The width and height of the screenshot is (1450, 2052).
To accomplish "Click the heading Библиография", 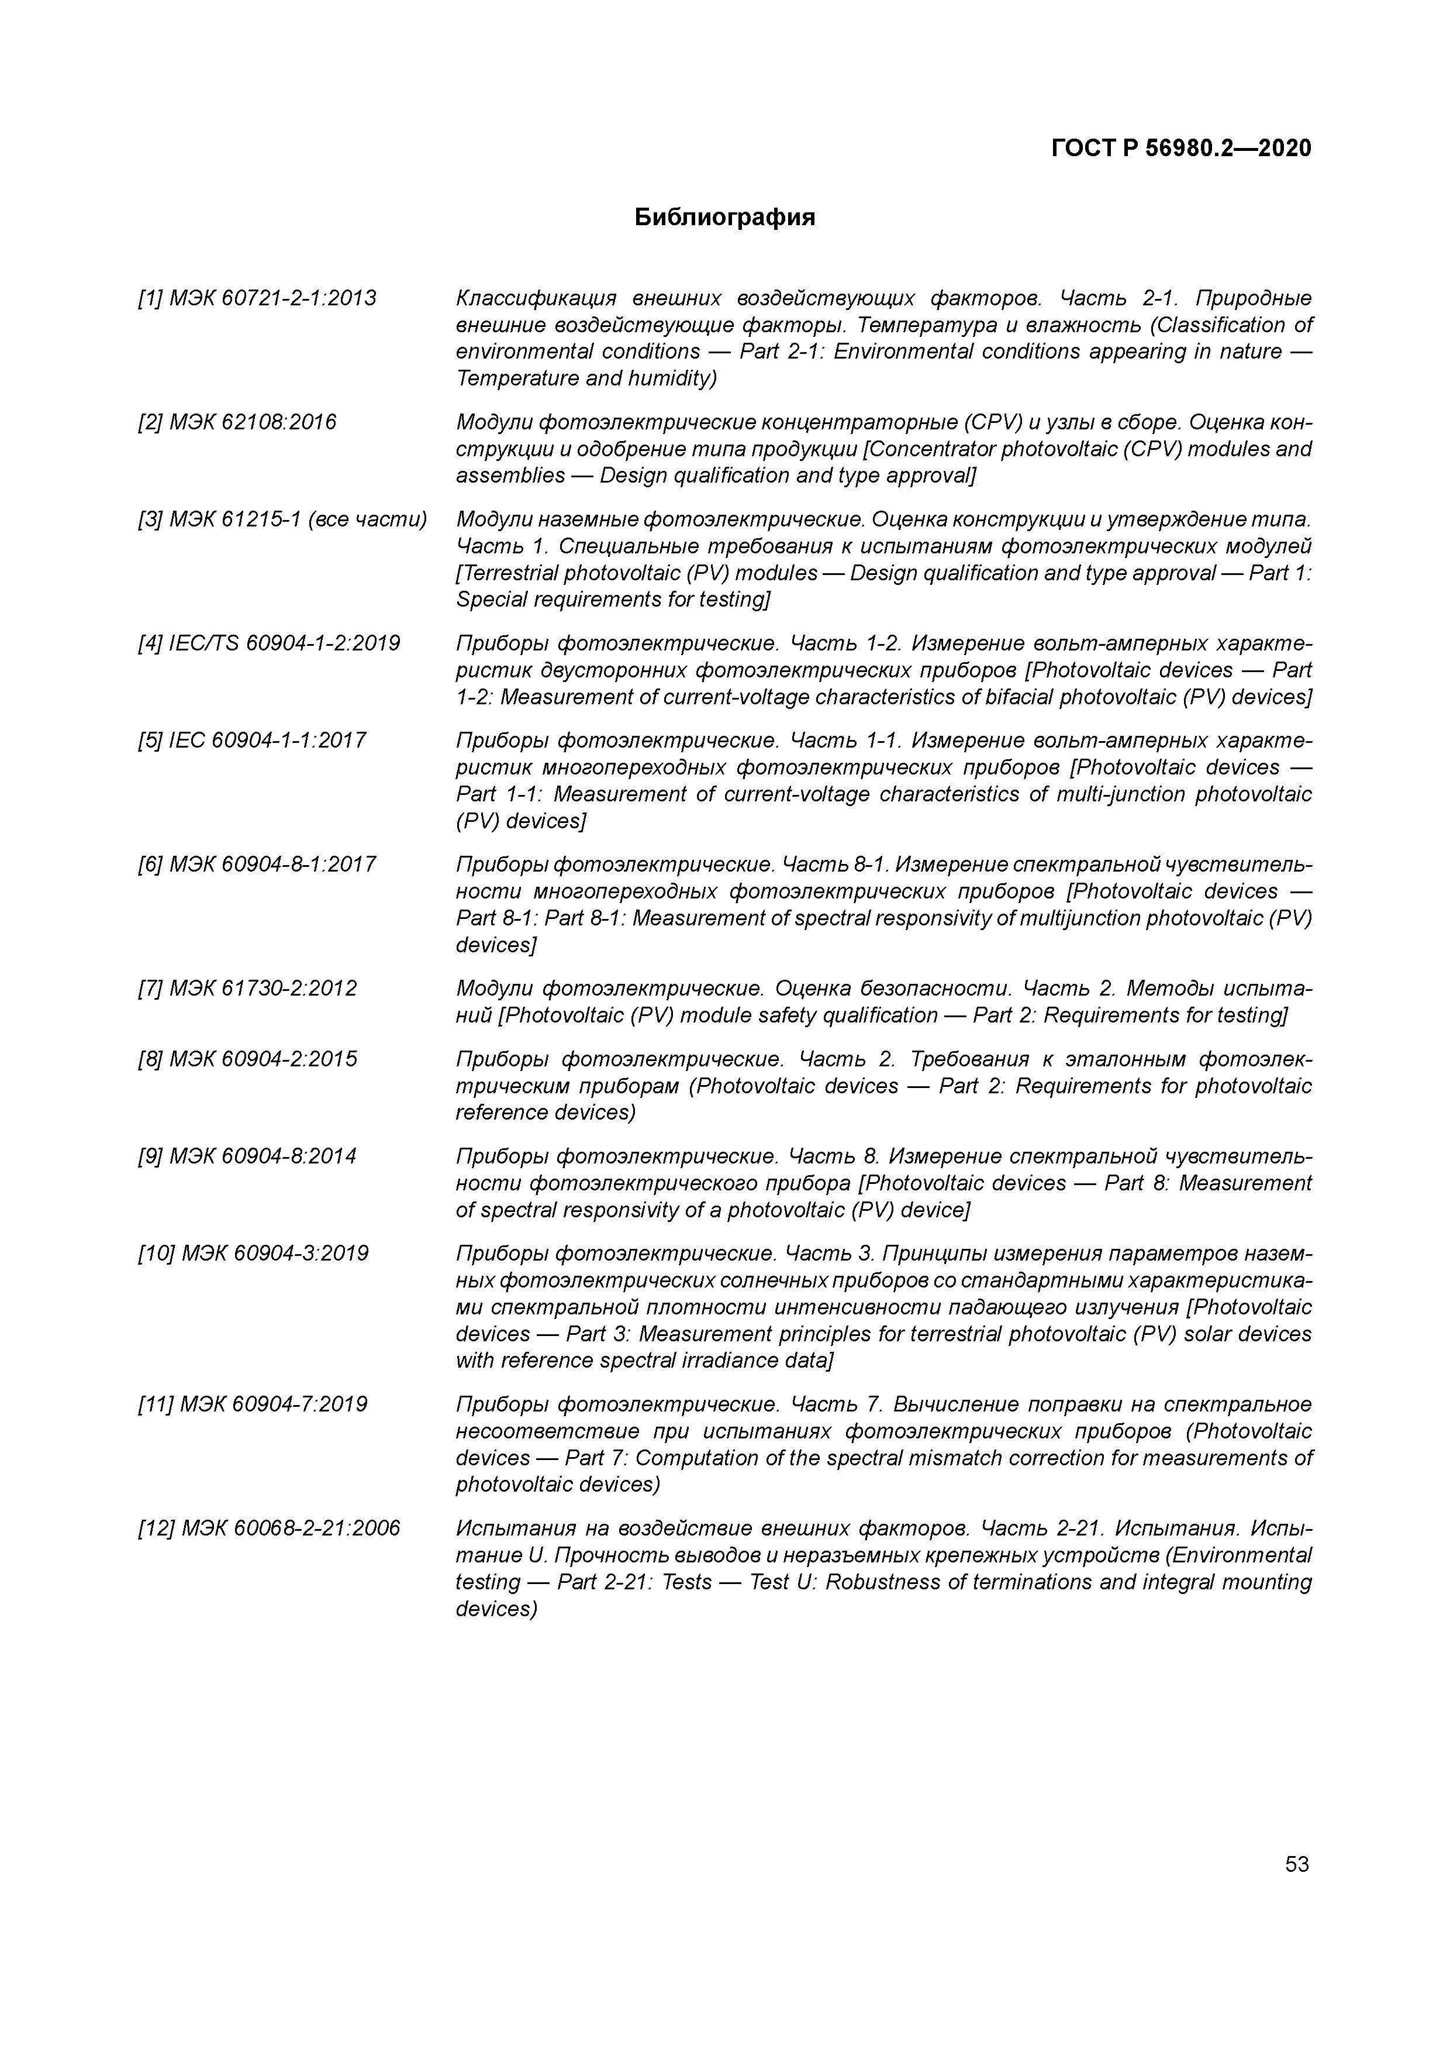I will click(724, 217).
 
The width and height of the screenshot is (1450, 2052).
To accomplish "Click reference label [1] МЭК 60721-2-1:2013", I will click(257, 298).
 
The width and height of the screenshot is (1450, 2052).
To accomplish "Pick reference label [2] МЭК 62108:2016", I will click(237, 422).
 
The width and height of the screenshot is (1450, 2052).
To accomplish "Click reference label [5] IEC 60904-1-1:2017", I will click(252, 741).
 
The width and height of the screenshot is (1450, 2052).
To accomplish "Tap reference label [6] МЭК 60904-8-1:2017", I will click(257, 864).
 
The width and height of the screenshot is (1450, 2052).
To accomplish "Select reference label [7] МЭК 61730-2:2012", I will click(247, 989).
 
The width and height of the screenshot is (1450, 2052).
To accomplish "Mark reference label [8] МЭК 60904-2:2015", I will click(247, 1059).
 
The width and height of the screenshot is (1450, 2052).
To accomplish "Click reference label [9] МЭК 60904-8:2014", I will click(247, 1156).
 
